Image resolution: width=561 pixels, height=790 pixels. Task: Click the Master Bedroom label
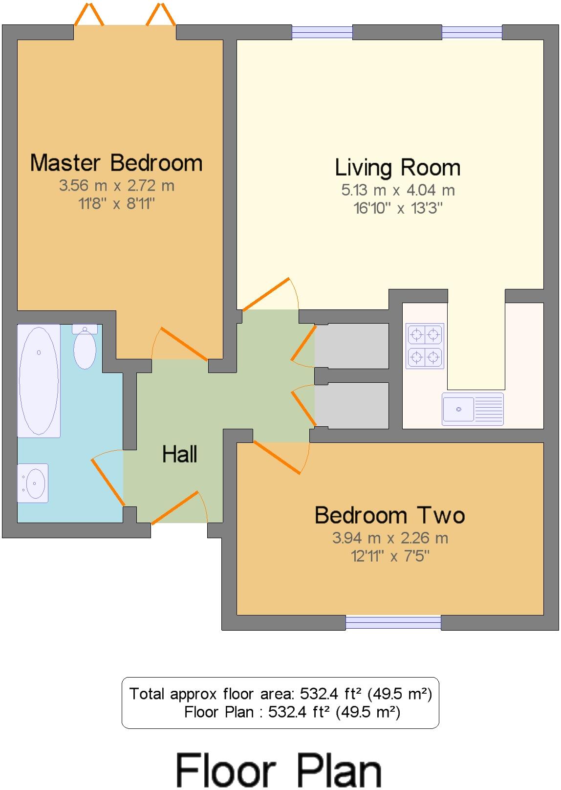116,163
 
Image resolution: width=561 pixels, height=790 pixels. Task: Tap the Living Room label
397,168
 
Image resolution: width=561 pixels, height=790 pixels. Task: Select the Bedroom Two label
389,515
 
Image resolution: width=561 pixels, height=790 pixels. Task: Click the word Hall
179,455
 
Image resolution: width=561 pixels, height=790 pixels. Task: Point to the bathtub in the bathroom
39,380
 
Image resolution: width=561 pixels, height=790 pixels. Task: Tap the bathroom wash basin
33,483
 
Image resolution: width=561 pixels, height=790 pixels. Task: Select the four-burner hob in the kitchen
425,346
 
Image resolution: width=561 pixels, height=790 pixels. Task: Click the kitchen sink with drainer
473,409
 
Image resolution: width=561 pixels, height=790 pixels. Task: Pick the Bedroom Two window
393,622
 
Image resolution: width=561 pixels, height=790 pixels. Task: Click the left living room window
322,32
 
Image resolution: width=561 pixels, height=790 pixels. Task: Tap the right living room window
472,32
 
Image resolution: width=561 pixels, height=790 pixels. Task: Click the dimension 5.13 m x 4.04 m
397,190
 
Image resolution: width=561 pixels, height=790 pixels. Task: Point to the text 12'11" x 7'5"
390,556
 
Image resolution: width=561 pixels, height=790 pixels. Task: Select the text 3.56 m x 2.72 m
116,186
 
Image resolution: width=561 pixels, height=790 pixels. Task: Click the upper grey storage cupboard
352,346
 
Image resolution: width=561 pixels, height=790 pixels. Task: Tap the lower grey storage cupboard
352,405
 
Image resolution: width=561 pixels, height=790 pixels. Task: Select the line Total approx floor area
280,694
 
